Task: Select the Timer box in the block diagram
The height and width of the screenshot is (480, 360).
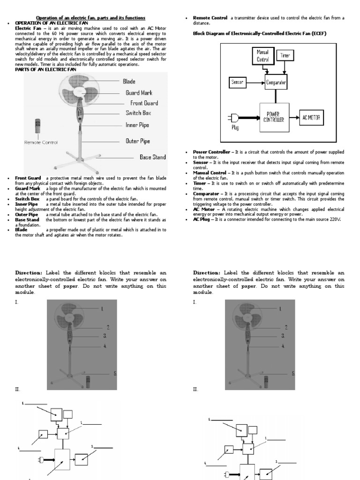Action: pyautogui.click(x=285, y=56)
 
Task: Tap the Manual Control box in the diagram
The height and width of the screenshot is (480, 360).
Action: pyautogui.click(x=262, y=57)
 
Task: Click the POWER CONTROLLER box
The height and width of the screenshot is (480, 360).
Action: pyautogui.click(x=274, y=117)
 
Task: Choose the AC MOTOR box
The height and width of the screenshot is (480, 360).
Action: pyautogui.click(x=312, y=117)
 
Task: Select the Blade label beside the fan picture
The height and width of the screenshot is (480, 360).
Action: pyautogui.click(x=129, y=82)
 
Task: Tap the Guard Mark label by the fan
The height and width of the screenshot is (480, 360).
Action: pyautogui.click(x=139, y=93)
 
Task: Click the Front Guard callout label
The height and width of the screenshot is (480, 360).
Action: pyautogui.click(x=144, y=103)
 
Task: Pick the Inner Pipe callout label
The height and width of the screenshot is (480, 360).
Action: pyautogui.click(x=137, y=125)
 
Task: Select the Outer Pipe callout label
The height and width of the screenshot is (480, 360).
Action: pyautogui.click(x=138, y=141)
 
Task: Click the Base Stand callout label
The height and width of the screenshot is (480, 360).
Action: pyautogui.click(x=152, y=157)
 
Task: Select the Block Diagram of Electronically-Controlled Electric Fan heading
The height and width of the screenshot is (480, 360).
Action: pyautogui.click(x=259, y=34)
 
